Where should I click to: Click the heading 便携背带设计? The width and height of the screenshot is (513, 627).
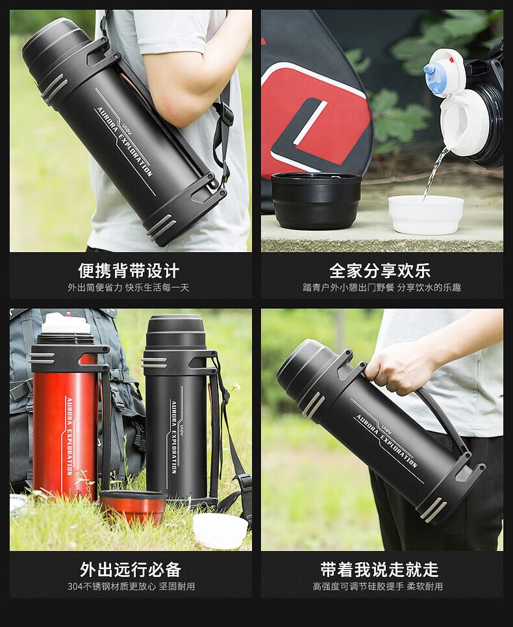tap(129, 271)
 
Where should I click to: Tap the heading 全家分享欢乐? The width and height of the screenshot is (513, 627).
tap(380, 271)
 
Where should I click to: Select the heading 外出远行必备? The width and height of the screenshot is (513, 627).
tap(131, 569)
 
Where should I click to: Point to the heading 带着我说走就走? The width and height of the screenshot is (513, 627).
tap(380, 569)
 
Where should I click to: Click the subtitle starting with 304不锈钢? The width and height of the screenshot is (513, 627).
tap(131, 587)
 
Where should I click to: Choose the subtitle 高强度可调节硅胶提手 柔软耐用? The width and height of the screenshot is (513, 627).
tap(378, 587)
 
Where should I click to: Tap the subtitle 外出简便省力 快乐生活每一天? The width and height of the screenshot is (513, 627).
tap(129, 287)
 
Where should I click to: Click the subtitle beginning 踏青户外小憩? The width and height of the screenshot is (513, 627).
tap(382, 287)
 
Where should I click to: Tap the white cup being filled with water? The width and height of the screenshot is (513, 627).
tap(426, 214)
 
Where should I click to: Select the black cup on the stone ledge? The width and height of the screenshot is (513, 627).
tap(316, 201)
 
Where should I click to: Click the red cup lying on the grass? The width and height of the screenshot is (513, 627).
tap(132, 506)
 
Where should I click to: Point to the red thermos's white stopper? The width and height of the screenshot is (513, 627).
tap(66, 323)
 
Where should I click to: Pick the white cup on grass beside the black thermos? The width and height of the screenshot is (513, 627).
tap(220, 530)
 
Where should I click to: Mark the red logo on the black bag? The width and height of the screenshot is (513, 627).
tap(316, 116)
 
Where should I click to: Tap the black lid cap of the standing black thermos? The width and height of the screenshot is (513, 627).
tap(175, 330)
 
